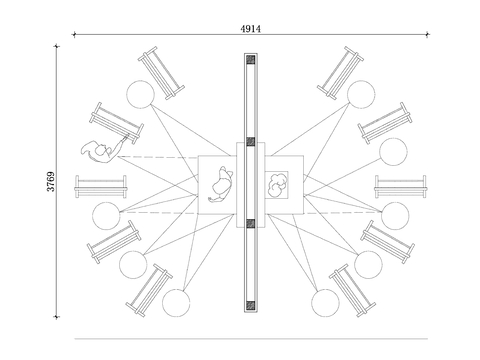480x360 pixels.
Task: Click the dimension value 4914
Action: (251, 29)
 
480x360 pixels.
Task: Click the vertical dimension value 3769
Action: (51, 182)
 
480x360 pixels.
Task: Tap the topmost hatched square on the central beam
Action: (251, 60)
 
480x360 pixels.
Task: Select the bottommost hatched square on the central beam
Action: (251, 305)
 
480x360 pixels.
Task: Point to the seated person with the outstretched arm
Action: (103, 151)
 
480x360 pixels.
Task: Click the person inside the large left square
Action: (220, 184)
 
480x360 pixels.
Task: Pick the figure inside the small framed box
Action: (277, 185)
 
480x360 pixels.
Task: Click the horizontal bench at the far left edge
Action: (101, 187)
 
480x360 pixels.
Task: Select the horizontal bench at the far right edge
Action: (401, 187)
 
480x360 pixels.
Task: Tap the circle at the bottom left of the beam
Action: (176, 303)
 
